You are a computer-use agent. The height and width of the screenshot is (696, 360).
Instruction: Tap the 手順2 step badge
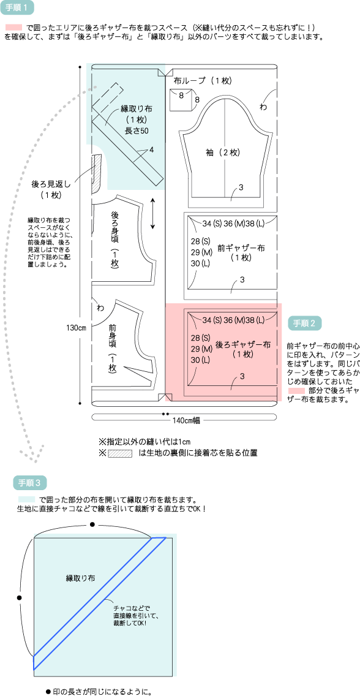304,323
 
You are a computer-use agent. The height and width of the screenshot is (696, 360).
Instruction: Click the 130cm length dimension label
77,328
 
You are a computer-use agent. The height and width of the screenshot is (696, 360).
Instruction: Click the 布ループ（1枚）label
202,81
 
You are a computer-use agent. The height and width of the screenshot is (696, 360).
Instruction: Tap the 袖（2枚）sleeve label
223,152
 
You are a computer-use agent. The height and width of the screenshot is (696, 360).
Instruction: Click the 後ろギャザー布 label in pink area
242,344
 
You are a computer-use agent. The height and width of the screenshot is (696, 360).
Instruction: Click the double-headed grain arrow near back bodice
152,213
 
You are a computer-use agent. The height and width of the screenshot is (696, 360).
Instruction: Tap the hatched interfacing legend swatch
120,454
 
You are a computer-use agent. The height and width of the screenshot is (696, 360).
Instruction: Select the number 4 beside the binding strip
151,150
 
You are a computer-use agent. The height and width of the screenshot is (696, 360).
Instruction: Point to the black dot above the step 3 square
92,524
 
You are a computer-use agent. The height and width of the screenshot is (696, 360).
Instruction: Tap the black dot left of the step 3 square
19,597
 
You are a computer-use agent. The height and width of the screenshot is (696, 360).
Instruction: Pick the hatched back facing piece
94,174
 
